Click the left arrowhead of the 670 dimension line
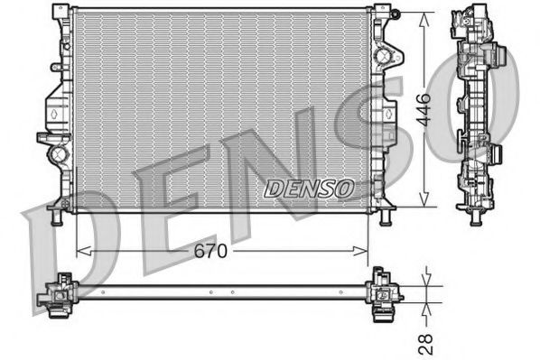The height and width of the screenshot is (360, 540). coord(81,252)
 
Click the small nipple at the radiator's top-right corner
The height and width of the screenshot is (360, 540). coord(394,13)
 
